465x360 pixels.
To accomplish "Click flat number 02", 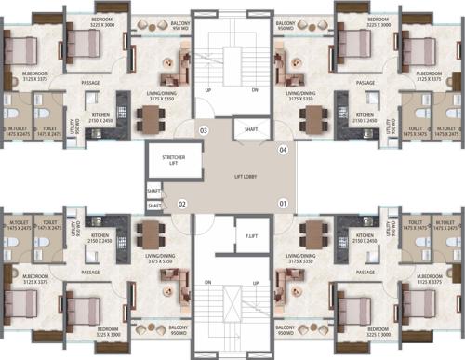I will coord(182,203).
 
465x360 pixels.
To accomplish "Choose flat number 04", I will coord(284,149).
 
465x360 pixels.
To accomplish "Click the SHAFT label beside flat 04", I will coord(250,129).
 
